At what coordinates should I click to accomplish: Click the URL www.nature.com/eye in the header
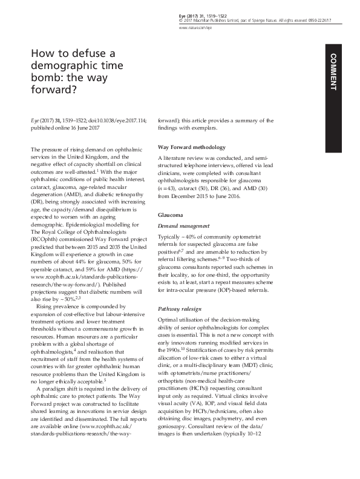pyautogui.click(x=192, y=28)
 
